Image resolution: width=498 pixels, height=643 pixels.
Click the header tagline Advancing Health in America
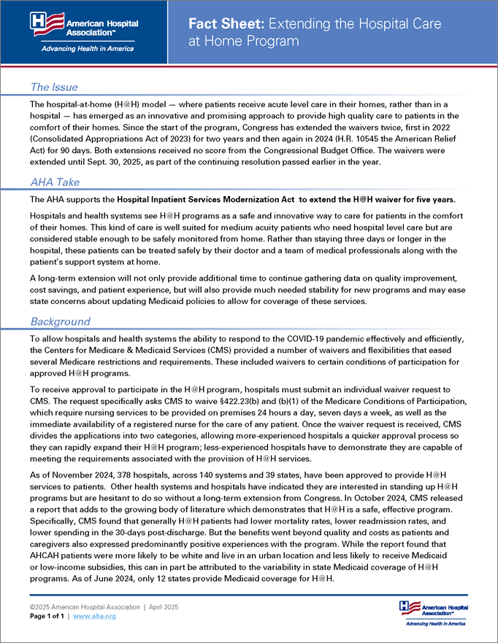coord(78,49)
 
